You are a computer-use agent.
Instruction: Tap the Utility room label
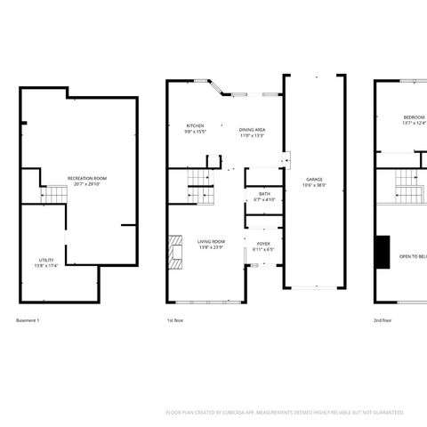[45, 260]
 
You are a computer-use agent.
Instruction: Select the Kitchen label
[195, 125]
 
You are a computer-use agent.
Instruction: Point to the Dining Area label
[253, 130]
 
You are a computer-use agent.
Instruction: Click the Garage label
[314, 179]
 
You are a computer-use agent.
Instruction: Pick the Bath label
[264, 193]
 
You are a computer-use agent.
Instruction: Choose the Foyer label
[264, 242]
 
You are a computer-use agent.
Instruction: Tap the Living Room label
[211, 242]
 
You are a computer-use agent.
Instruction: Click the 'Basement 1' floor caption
[28, 319]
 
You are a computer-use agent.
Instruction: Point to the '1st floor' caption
[174, 319]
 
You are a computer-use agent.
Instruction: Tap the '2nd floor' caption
[383, 319]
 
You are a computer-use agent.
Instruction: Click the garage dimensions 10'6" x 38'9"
[314, 185]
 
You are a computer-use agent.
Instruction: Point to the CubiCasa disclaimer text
[285, 412]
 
